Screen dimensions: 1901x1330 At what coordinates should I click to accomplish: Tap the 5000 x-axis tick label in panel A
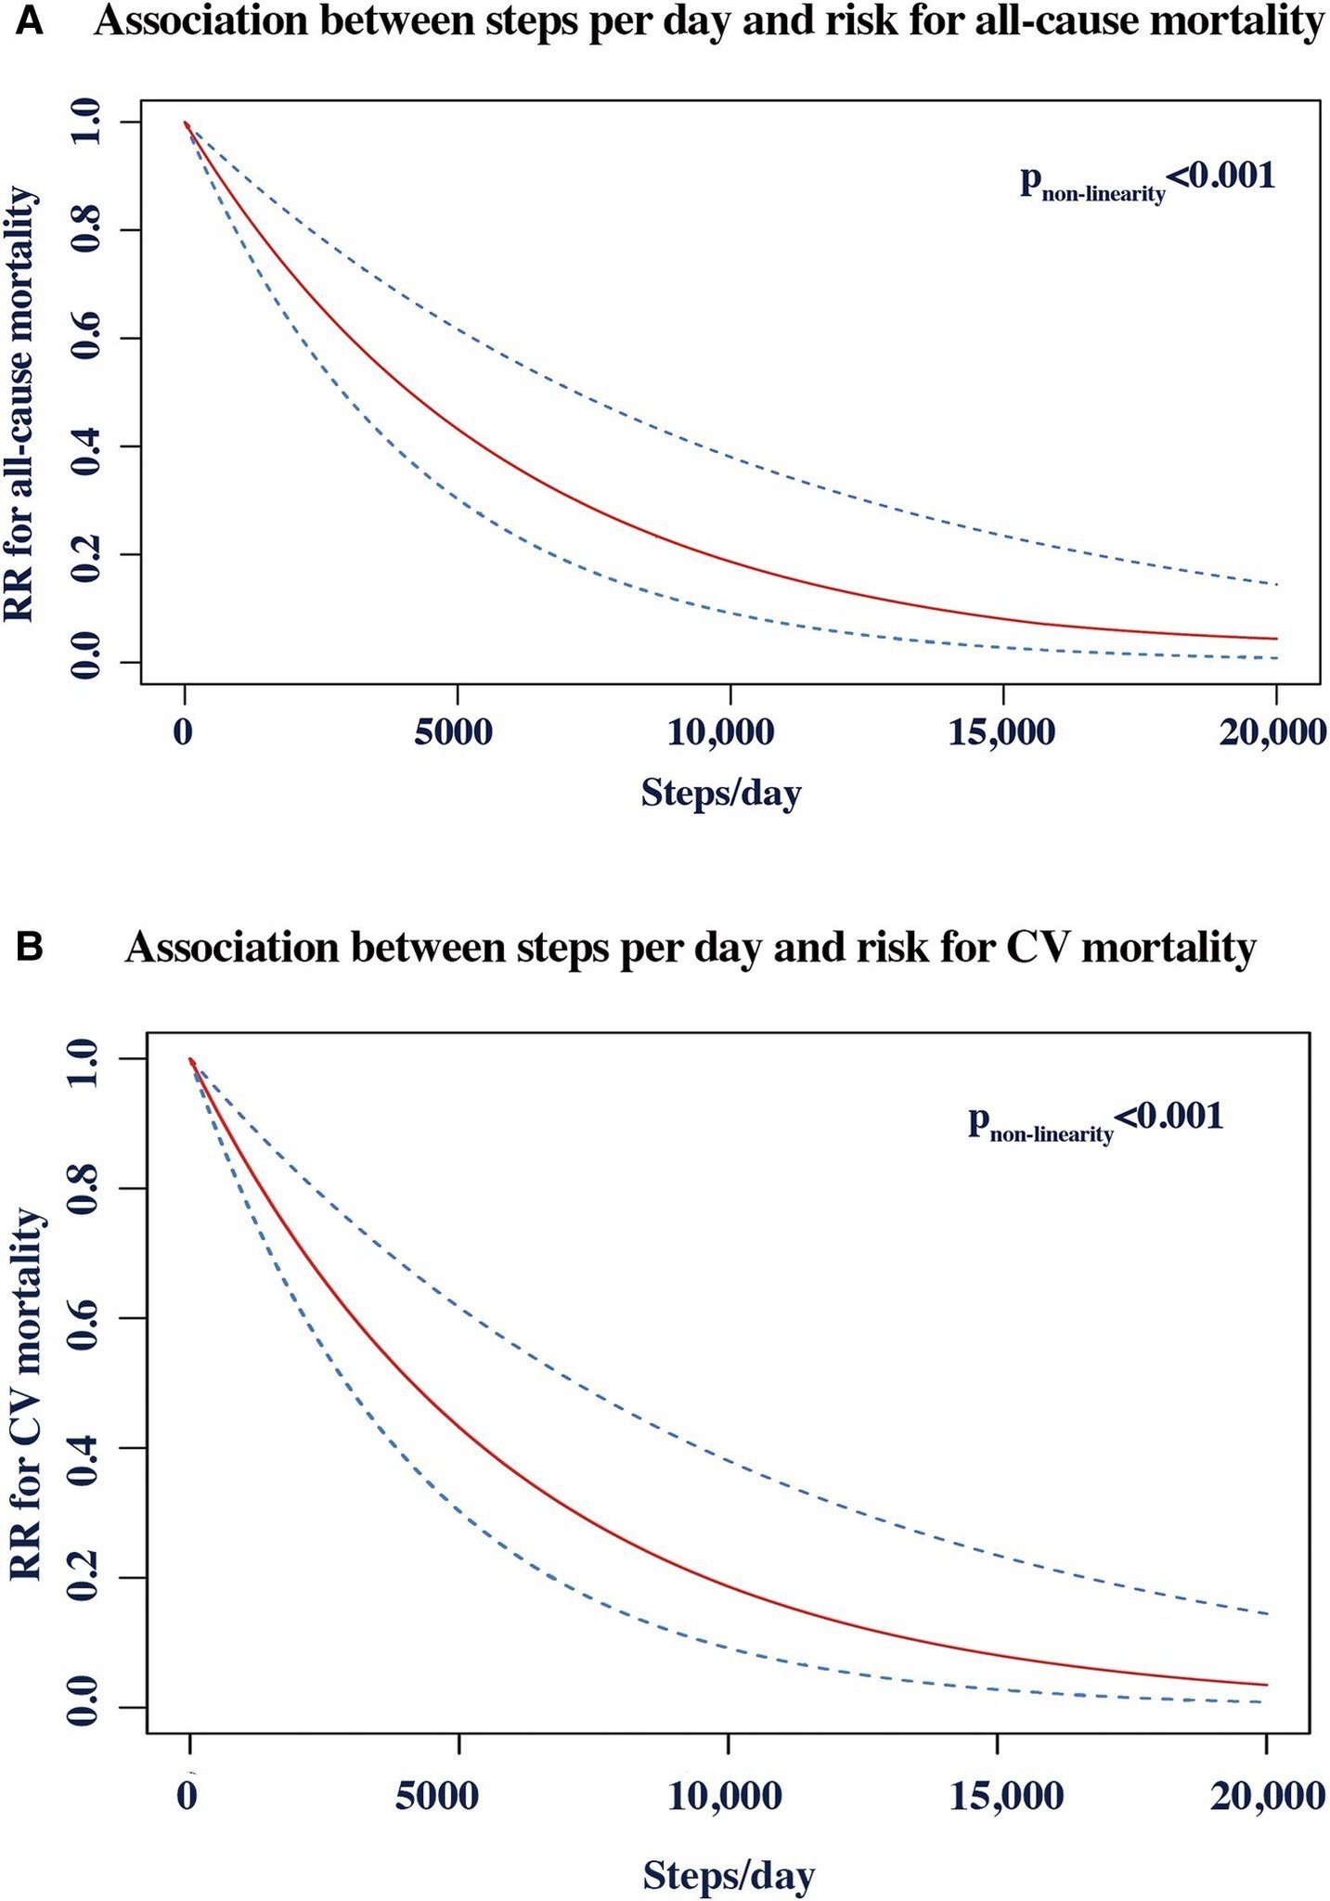click(454, 733)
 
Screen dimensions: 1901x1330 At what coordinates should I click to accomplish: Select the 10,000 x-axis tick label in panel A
click(720, 733)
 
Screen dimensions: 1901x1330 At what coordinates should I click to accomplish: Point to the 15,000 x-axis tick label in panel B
click(1006, 1795)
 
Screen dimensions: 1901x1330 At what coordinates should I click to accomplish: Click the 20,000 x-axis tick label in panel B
click(1268, 1795)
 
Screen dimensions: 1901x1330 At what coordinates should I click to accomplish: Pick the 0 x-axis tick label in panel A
click(184, 733)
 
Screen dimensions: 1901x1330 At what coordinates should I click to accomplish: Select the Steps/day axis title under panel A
click(720, 794)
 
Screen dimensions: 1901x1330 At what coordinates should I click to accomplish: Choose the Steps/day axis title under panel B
click(729, 1874)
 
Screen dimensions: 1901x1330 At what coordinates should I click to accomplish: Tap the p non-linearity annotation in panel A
click(1147, 178)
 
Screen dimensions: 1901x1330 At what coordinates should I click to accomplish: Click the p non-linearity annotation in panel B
click(1096, 1119)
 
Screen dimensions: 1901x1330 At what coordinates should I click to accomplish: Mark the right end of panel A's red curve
click(1276, 639)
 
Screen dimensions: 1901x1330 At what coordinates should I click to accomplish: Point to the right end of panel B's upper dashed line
click(1266, 1614)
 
